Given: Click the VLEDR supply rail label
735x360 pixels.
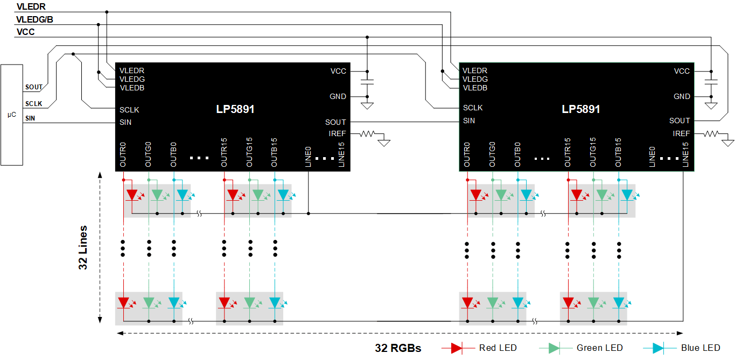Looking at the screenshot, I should click(x=31, y=8).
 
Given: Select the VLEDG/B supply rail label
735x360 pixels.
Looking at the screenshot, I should click(x=34, y=20).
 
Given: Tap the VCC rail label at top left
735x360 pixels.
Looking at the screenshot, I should click(x=26, y=32).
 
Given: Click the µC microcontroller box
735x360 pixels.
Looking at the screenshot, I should click(x=12, y=115).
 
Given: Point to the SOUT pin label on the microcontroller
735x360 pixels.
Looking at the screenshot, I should click(x=33, y=87).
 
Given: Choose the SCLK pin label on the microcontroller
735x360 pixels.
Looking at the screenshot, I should click(x=33, y=104).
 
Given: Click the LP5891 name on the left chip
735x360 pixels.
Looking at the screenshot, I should click(x=235, y=109).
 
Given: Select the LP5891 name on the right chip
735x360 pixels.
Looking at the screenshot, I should click(x=580, y=109).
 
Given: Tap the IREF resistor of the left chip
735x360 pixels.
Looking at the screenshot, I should click(x=369, y=133).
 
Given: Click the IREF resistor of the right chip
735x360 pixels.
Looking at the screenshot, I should click(x=712, y=133).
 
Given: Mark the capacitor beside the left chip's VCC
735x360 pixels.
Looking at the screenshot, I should click(x=367, y=83).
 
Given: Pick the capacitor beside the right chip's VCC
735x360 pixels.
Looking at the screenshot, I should click(x=711, y=83).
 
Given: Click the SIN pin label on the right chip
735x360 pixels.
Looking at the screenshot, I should click(x=469, y=121).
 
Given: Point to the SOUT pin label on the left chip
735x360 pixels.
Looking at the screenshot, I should click(x=335, y=122).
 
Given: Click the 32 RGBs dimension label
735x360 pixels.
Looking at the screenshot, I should click(x=398, y=348).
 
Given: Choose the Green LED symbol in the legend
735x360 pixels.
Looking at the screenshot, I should click(x=552, y=348).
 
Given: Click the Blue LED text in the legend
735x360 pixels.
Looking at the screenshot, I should click(x=700, y=348).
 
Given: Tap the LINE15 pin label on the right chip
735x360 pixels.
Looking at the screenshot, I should click(x=685, y=156).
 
